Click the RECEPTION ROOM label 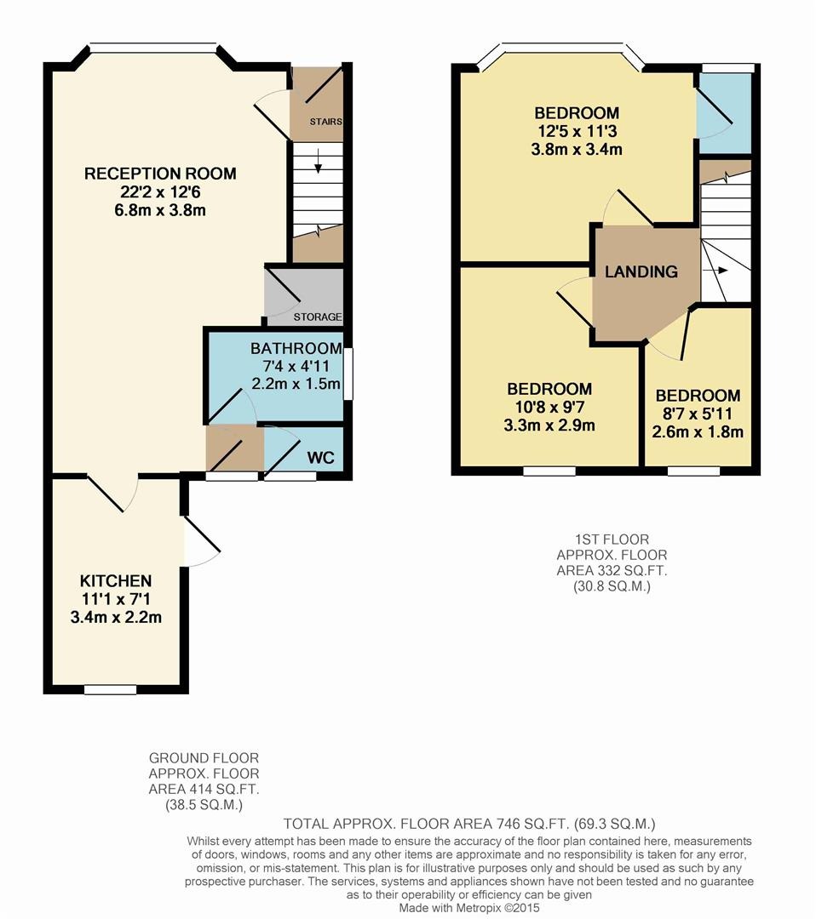160,174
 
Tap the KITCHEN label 116,581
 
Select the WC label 320,457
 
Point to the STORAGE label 318,317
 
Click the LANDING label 641,271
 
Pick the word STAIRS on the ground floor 326,122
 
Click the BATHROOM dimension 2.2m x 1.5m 296,384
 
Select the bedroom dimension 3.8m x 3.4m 577,149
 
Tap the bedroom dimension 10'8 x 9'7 549,407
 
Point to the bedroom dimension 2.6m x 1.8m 698,432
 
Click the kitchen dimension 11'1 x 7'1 116,599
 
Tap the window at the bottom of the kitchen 110,690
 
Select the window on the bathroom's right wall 348,374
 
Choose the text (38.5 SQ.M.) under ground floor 204,805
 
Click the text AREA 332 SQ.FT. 612,570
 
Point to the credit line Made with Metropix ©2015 469,908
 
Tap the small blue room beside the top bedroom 723,112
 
